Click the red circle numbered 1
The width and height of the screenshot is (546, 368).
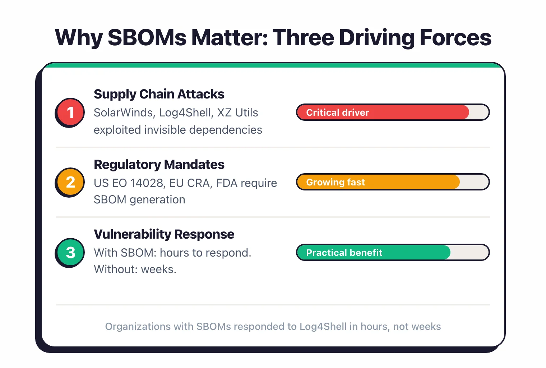70,112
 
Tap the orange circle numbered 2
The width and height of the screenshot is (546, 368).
70,182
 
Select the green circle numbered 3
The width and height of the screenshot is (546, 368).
70,252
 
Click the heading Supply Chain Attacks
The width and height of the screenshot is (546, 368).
159,94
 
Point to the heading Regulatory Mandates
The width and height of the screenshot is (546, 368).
159,165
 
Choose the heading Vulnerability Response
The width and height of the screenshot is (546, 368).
164,234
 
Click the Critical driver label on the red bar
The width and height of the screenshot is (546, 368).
337,112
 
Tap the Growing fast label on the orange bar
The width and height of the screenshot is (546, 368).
335,182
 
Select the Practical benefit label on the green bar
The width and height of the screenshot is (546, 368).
344,253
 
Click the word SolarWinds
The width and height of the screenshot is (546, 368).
124,113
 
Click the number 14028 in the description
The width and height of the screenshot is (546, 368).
147,183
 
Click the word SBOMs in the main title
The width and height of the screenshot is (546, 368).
147,37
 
